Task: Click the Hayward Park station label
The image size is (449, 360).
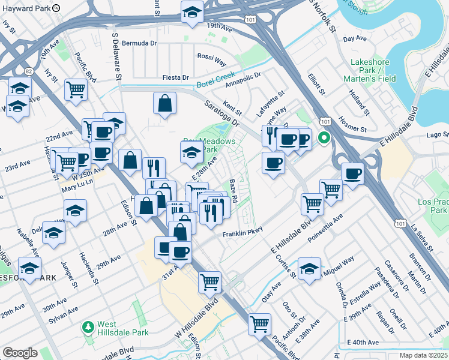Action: (x=25, y=8)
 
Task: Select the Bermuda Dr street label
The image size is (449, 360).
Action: (x=139, y=43)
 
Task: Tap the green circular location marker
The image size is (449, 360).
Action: (x=325, y=138)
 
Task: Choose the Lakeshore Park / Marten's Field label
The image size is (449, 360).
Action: (x=370, y=70)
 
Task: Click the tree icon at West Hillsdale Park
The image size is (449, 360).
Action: (x=88, y=327)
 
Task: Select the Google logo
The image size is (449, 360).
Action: (x=20, y=353)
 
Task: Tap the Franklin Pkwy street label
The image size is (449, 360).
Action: (x=243, y=235)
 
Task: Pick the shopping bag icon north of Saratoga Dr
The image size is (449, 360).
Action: (x=164, y=104)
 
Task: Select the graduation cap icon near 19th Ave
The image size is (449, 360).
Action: (x=192, y=13)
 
